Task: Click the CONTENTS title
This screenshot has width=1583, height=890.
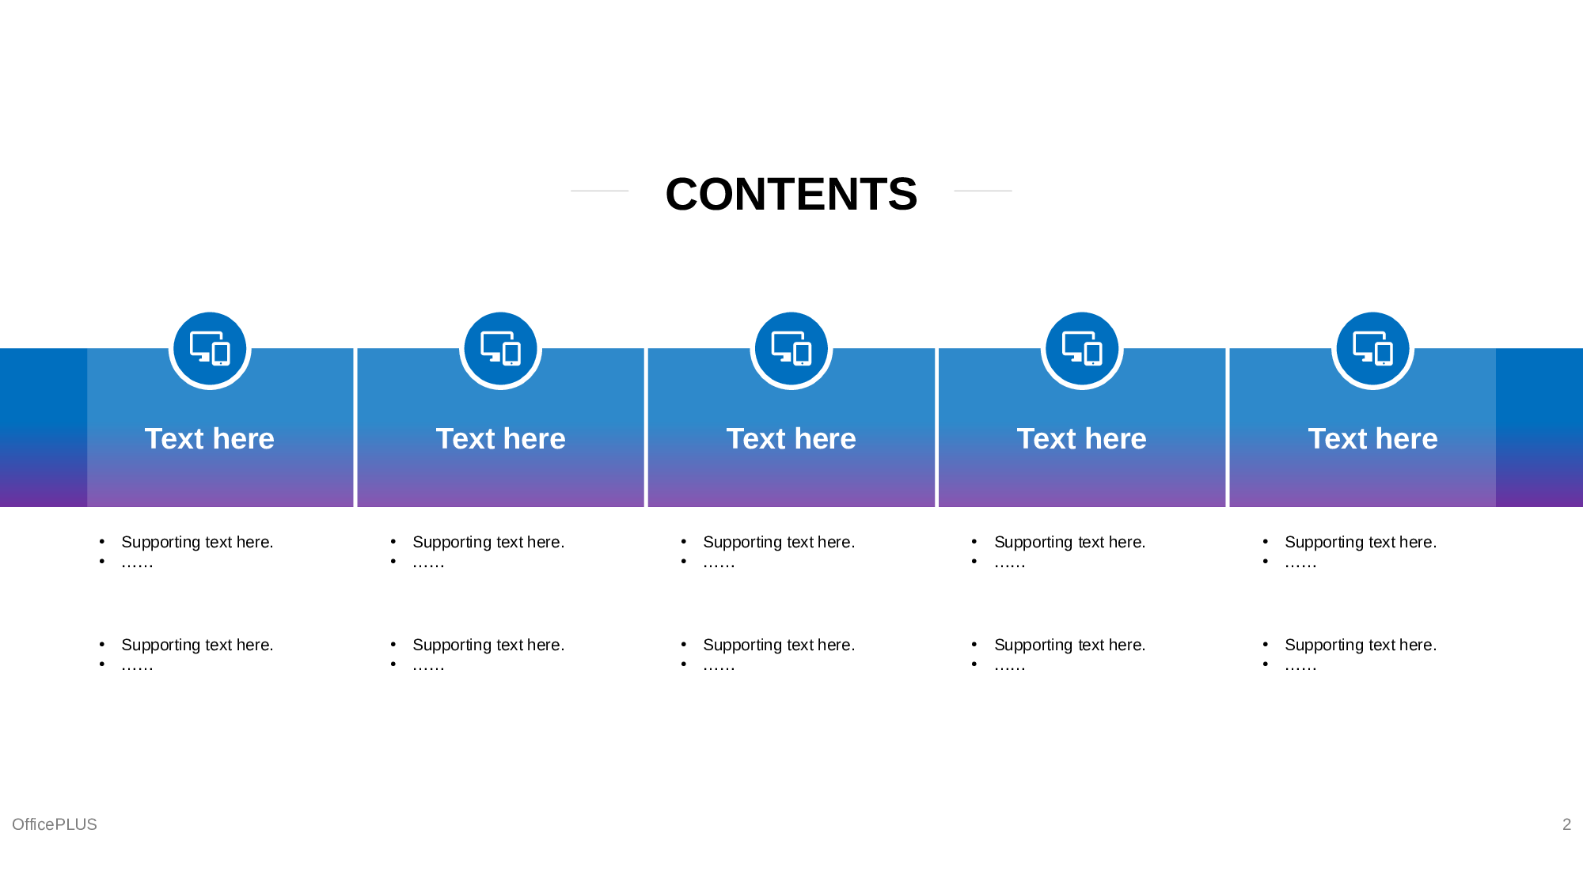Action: point(791,195)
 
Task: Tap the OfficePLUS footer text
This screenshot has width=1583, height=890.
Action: point(55,824)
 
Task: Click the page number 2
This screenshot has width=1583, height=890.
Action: point(1566,824)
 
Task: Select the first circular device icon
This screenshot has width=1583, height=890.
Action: point(210,349)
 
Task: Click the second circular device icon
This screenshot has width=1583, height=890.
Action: point(500,349)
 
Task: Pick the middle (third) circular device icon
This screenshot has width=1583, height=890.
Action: point(791,349)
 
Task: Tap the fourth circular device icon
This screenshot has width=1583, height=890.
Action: point(1082,349)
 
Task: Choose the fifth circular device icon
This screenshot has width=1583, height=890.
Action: point(1372,349)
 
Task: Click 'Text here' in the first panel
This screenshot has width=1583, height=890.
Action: point(210,439)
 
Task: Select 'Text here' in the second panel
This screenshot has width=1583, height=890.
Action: point(500,439)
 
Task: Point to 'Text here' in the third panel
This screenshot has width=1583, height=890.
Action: point(791,439)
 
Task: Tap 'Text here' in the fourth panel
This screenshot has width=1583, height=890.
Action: point(1082,439)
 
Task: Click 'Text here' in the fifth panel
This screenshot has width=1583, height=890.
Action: point(1372,439)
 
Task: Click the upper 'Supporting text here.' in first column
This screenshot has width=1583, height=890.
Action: point(197,543)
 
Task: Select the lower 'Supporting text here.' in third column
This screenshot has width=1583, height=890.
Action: point(779,646)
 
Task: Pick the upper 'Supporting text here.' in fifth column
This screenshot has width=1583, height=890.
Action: point(1361,543)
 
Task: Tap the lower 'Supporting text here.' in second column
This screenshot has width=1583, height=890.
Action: point(488,646)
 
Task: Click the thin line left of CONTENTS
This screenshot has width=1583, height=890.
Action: point(599,191)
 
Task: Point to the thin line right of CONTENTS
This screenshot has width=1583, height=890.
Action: point(983,191)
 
